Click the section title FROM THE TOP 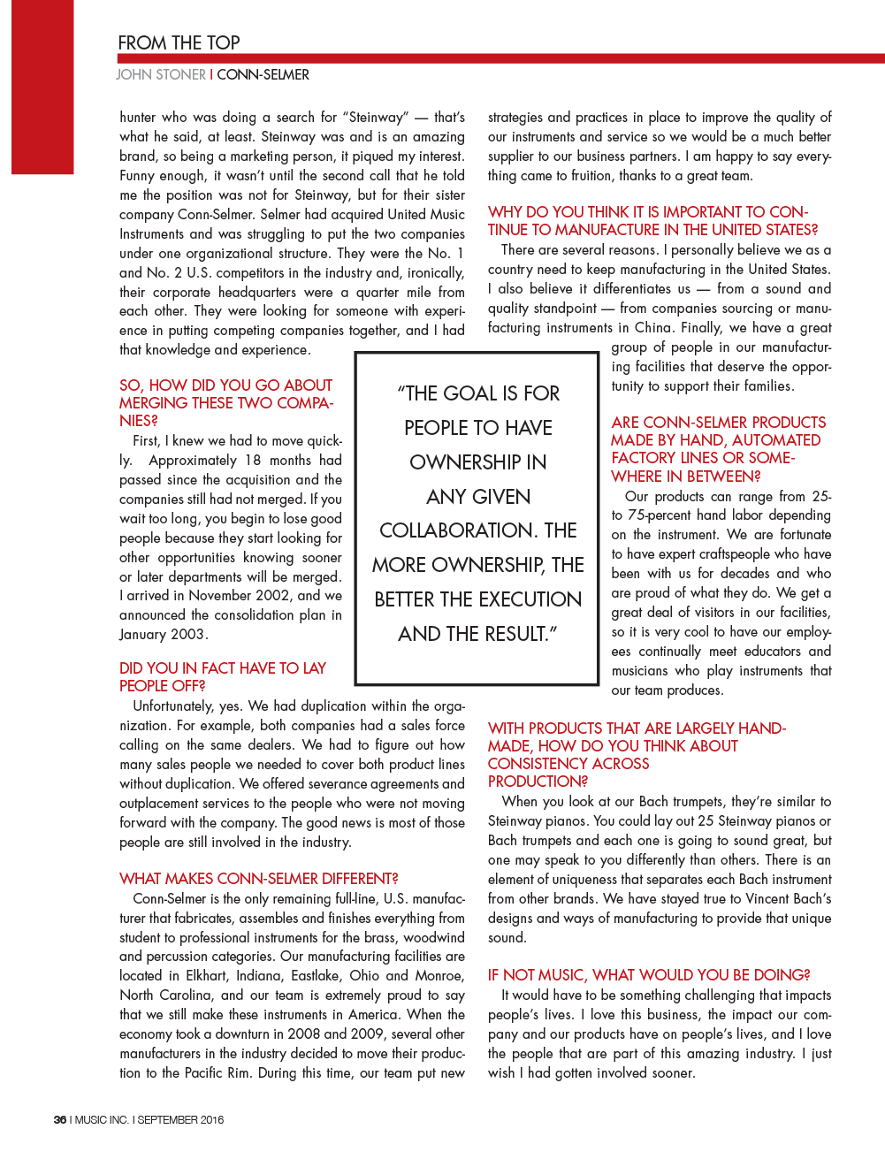point(179,42)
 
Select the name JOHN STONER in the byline point(161,75)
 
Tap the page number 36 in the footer point(60,1119)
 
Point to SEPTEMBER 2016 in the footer point(180,1119)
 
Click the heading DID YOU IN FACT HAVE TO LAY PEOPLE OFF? point(223,677)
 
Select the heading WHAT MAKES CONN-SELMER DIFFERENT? point(258,879)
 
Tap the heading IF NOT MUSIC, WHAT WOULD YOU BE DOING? point(649,975)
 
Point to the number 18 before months point(253,461)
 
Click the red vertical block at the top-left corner point(42,87)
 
